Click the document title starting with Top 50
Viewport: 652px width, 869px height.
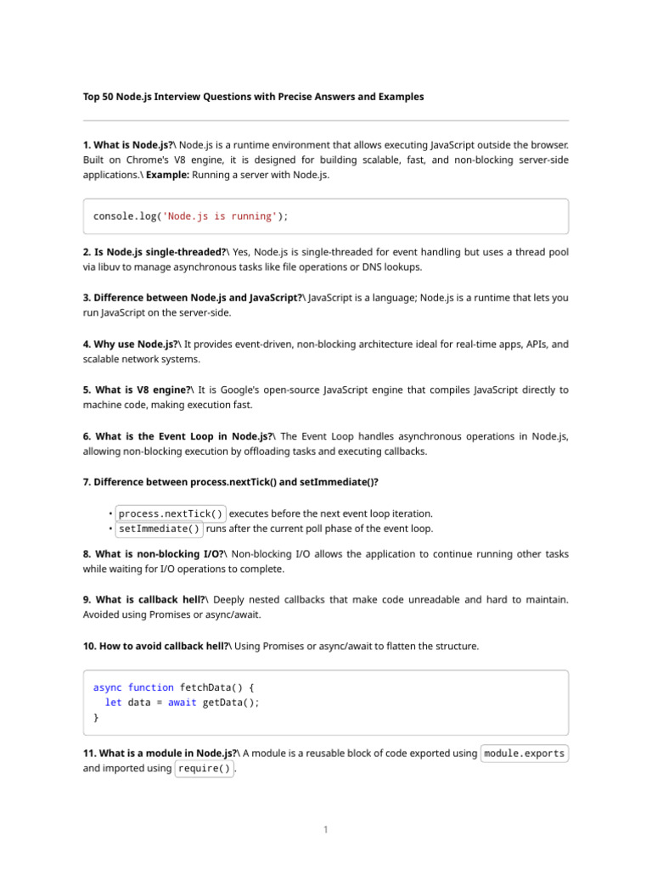point(253,97)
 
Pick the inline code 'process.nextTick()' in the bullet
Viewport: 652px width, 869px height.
point(171,513)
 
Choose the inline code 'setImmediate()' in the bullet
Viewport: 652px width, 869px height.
point(160,529)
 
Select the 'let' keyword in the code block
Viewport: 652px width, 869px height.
point(113,703)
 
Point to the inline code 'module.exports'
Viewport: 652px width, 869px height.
point(524,754)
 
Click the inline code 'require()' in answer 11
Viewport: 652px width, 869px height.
point(203,769)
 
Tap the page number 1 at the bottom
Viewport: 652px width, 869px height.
point(325,830)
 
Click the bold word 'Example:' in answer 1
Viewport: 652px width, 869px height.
point(167,175)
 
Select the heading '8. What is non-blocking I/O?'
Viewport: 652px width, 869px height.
point(154,553)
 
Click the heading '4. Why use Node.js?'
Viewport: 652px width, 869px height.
point(131,345)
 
